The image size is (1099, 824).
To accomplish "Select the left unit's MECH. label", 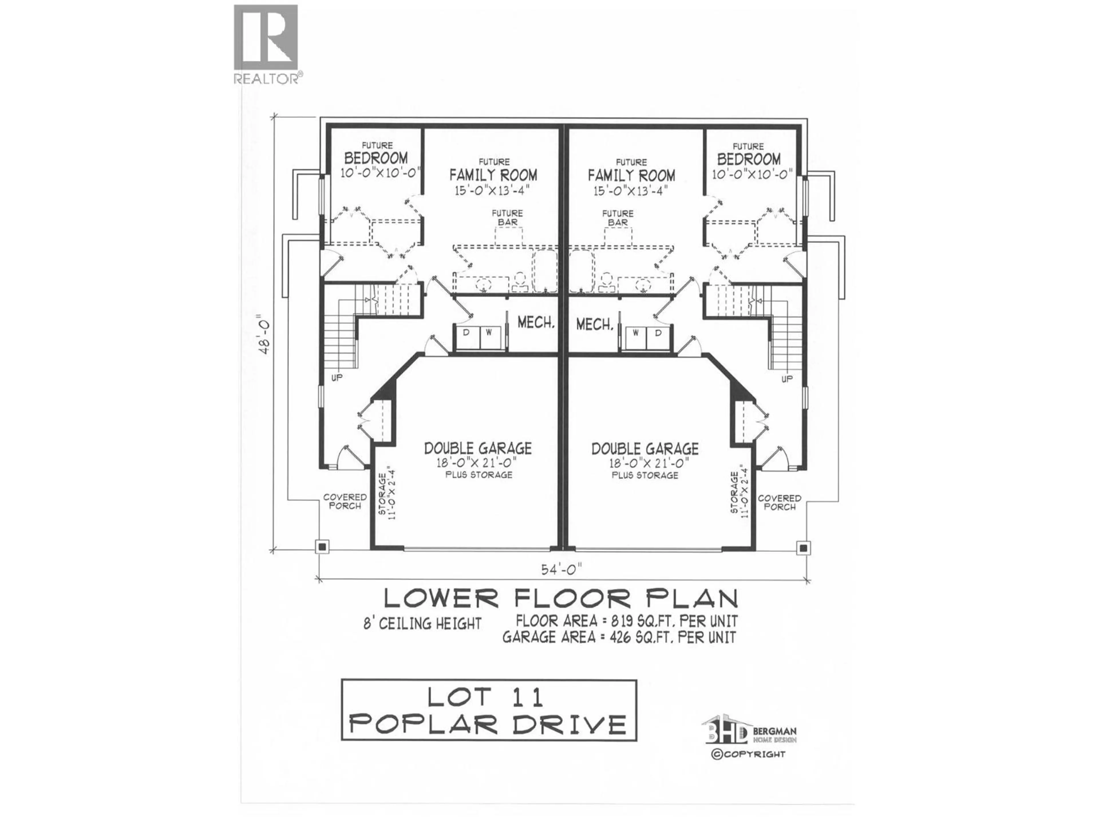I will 535,322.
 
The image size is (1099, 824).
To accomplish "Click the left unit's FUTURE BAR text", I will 507,217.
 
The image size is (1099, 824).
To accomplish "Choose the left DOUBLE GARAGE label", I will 477,449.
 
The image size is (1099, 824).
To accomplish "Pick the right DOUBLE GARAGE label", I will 645,449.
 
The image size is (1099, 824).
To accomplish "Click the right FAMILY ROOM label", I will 631,175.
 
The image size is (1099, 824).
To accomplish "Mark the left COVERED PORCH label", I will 345,501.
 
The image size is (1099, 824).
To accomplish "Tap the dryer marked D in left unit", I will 466,332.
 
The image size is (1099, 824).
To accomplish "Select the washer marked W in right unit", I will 635,333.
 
